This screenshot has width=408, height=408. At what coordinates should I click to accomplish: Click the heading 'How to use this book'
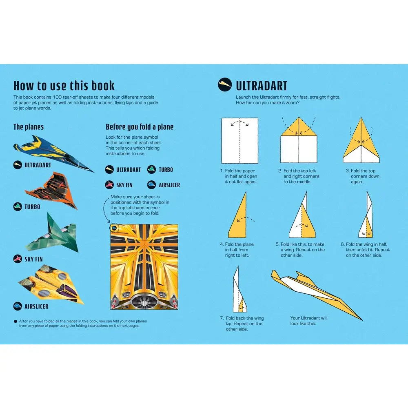coord(64,86)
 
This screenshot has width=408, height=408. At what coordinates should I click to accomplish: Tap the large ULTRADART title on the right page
coord(262,86)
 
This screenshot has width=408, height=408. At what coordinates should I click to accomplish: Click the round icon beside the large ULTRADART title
coord(225,84)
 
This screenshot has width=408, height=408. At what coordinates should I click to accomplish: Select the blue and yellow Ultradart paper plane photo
coord(53,153)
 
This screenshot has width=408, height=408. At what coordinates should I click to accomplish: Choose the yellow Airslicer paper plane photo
coord(51,284)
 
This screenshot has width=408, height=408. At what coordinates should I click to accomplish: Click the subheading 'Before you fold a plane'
coord(140,127)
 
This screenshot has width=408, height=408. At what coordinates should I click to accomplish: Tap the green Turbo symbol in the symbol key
coord(151,170)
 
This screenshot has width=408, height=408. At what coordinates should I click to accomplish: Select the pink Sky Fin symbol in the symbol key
coord(109,185)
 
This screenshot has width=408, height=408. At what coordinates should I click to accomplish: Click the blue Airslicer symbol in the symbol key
coord(151,185)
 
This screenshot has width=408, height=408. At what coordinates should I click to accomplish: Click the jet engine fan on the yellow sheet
coord(144,301)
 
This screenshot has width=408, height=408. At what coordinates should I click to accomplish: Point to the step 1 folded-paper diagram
coord(239,140)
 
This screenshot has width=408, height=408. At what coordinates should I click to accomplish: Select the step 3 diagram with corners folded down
coord(361,140)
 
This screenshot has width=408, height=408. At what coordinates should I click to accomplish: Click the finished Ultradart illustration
coord(316,294)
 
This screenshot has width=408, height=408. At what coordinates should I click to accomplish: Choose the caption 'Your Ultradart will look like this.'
coord(309,321)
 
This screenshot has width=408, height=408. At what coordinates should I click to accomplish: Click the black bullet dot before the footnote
coord(16,322)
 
